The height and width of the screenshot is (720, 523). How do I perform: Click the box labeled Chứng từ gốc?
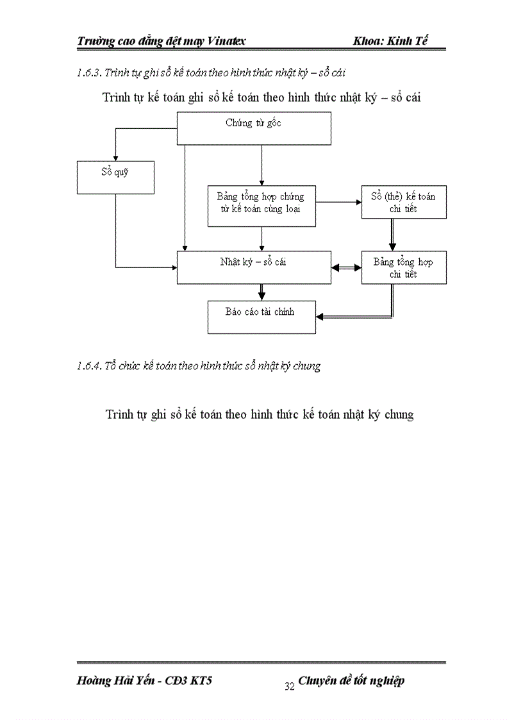[254, 128]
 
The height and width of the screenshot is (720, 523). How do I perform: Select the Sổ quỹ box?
[115, 177]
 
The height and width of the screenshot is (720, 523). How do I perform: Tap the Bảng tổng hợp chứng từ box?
[261, 206]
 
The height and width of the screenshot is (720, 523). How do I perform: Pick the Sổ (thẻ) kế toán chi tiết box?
[404, 203]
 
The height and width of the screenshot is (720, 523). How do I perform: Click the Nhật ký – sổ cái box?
[254, 267]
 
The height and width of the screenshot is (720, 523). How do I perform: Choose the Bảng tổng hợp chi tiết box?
[404, 267]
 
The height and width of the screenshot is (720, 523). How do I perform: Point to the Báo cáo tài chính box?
[261, 317]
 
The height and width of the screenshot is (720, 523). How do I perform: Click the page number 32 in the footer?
[289, 687]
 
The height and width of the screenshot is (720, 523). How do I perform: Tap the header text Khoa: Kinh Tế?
[390, 41]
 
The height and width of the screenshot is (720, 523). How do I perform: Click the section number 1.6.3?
[89, 74]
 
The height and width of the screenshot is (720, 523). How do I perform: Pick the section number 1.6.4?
[90, 366]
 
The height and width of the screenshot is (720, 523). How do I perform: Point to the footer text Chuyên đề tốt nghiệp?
[351, 681]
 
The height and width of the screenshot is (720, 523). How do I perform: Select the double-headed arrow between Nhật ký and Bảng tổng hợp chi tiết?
[346, 267]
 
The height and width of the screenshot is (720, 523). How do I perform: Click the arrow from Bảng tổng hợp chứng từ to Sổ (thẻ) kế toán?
[338, 203]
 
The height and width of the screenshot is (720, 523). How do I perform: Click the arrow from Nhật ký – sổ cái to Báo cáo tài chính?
[261, 292]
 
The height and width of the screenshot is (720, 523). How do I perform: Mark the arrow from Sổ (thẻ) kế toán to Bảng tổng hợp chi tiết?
[392, 235]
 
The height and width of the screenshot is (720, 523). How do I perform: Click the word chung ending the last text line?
[399, 415]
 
